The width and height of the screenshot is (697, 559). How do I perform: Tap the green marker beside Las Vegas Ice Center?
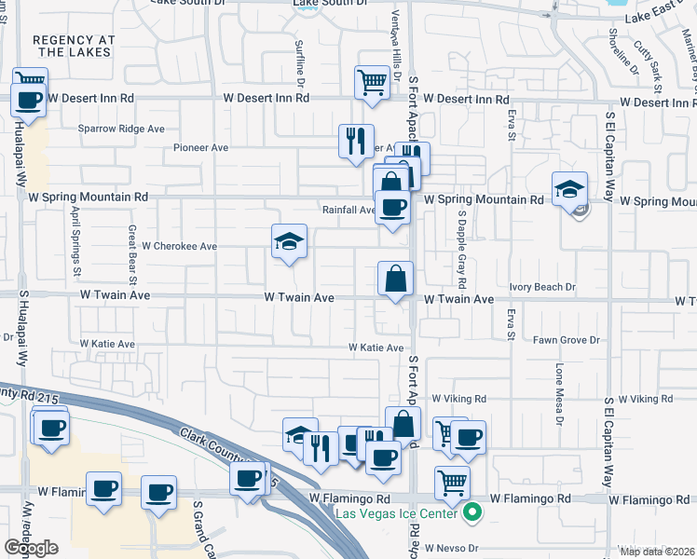(473, 511)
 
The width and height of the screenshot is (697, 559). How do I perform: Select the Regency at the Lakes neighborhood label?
(74, 46)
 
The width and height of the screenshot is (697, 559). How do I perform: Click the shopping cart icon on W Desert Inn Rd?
(372, 81)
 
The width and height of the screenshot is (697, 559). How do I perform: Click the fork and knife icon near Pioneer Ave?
(355, 141)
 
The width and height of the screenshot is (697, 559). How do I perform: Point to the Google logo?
(32, 547)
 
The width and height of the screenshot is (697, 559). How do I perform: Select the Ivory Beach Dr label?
(543, 287)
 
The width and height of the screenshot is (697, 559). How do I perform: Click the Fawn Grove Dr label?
(567, 340)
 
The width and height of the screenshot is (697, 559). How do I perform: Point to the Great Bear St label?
(132, 254)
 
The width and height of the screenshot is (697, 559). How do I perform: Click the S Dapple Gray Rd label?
(461, 248)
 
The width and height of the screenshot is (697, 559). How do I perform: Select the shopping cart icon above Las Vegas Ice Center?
(452, 482)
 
